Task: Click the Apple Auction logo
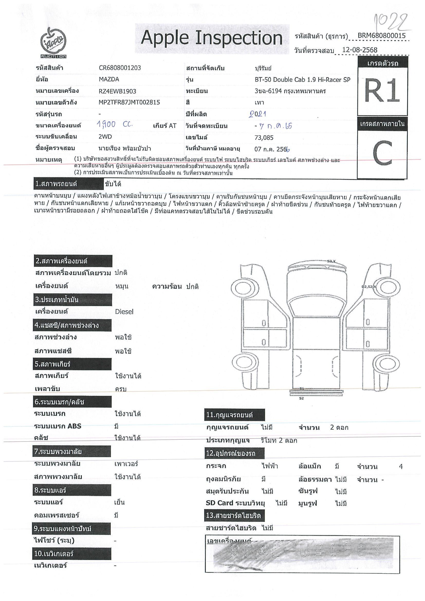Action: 53,43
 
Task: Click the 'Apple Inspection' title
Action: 211,38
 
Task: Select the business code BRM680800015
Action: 381,36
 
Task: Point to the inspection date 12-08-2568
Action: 359,50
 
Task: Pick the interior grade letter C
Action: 382,153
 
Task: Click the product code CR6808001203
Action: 120,68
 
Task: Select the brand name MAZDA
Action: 109,79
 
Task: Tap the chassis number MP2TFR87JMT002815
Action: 129,102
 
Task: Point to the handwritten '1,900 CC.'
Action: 114,125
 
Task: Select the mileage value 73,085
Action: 264,138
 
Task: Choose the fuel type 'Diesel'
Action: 124,312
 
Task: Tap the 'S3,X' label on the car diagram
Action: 331,261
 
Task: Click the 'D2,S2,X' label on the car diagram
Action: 369,287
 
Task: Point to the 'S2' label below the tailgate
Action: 301,398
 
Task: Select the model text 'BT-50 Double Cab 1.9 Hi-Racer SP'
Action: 302,80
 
